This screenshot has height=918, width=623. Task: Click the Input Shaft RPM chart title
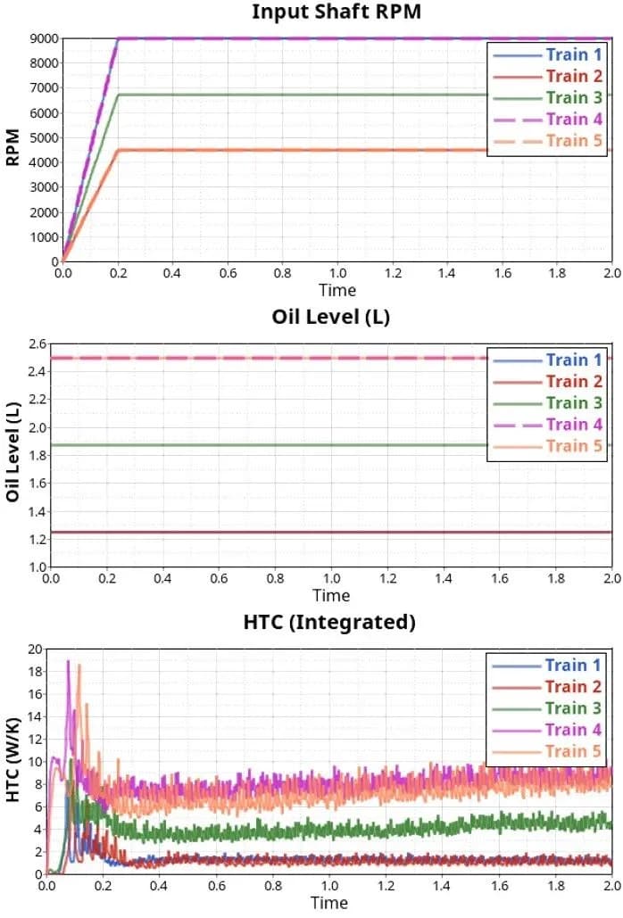tap(336, 12)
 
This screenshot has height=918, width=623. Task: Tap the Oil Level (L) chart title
tap(331, 317)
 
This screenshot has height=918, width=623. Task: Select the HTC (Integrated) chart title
tap(329, 622)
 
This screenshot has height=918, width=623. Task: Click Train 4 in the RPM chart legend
tap(567, 119)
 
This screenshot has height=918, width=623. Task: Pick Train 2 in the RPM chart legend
tap(567, 76)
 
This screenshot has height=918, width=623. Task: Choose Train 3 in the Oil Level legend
tap(567, 402)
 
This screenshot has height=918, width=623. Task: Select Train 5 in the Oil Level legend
tap(567, 445)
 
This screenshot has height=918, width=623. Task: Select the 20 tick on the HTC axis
tap(33, 649)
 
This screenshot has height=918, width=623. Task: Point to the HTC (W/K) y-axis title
tap(12, 761)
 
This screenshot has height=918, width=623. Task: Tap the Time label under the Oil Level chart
tap(331, 595)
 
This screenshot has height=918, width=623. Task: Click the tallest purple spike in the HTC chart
tap(68, 661)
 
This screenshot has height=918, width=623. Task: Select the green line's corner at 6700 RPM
tap(118, 95)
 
